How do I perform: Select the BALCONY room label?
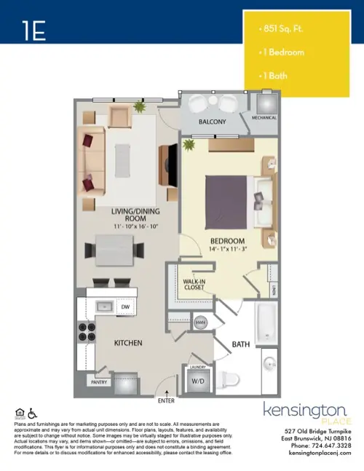(213, 122)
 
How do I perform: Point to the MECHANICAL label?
(264, 117)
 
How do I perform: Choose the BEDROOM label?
(227, 241)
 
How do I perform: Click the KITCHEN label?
(127, 342)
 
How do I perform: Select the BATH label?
(241, 344)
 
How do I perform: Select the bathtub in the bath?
(266, 322)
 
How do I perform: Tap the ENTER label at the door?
(166, 400)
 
